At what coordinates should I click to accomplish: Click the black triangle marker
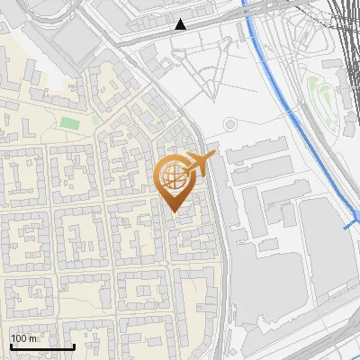pyautogui.click(x=181, y=24)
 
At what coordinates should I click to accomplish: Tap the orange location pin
pyautogui.click(x=175, y=181)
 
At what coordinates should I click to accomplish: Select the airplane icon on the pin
pyautogui.click(x=200, y=164)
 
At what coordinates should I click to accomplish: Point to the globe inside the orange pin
pyautogui.click(x=174, y=176)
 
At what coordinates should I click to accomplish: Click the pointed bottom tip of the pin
pyautogui.click(x=175, y=211)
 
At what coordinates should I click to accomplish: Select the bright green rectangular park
pyautogui.click(x=69, y=121)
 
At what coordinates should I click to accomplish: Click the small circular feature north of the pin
pyautogui.click(x=229, y=124)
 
